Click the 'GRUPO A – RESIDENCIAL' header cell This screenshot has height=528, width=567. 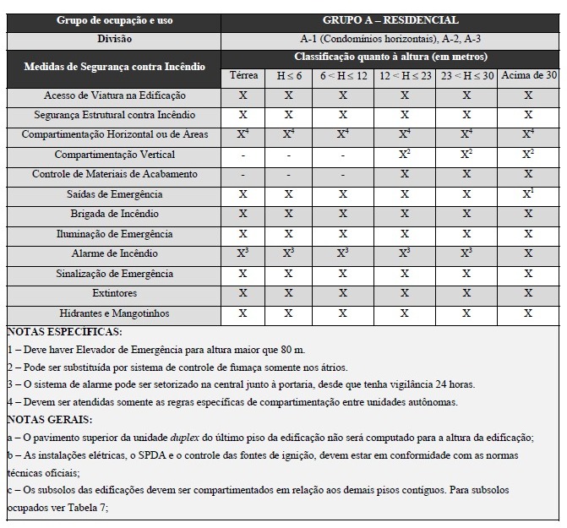point(390,19)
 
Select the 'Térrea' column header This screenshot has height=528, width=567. point(243,75)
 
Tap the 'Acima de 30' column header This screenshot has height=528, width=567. point(528,75)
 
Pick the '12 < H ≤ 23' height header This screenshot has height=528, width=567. point(405,75)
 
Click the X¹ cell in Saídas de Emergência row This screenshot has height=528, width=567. point(528,193)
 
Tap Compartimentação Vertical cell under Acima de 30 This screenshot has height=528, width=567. point(528,154)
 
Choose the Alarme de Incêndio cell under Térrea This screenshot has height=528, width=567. point(243,253)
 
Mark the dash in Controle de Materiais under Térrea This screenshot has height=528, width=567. point(243,175)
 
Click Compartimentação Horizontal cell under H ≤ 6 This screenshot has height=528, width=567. point(289,134)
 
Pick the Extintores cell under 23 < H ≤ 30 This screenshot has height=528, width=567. point(466,293)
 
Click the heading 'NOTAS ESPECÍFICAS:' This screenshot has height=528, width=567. point(64,332)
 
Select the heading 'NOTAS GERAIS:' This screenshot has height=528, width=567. point(51,420)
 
